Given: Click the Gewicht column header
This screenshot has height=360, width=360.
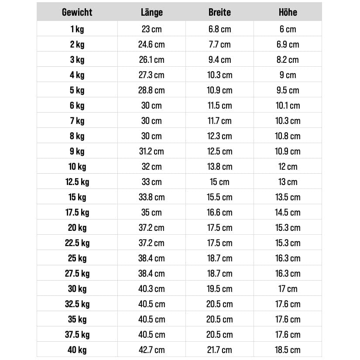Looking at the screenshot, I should [x=77, y=12].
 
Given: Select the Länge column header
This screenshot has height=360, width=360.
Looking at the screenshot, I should [x=151, y=12].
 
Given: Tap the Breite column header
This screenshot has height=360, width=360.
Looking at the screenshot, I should [x=219, y=12].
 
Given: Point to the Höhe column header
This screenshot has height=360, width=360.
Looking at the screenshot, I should [x=288, y=12].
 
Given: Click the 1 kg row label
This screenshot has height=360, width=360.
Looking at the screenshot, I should [x=77, y=29].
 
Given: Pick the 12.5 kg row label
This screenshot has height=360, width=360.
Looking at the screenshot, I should [x=77, y=182].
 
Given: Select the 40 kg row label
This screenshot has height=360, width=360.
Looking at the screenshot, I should [x=77, y=350].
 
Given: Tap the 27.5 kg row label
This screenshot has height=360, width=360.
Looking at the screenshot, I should [x=77, y=274].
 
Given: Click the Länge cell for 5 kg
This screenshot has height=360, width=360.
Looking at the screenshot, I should [x=151, y=90].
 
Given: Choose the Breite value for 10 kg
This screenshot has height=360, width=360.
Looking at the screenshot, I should [x=219, y=167].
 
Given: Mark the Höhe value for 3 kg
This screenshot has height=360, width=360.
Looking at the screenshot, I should [x=288, y=60].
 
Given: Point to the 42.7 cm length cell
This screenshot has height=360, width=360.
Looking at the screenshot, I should [x=151, y=350].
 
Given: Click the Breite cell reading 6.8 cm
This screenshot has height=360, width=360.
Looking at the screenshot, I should [x=219, y=29].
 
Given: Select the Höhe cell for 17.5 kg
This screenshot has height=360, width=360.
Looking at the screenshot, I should [x=288, y=213].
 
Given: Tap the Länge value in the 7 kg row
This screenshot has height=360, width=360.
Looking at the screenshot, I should [x=151, y=121].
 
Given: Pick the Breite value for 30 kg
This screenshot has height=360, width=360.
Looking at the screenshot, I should [x=219, y=289].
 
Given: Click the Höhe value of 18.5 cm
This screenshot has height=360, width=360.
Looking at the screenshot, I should [x=288, y=350].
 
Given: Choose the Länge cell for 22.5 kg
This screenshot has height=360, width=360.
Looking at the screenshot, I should [x=151, y=243].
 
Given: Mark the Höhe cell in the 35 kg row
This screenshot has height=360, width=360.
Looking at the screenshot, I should [x=288, y=319].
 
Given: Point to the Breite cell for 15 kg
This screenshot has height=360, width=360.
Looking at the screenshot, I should [x=219, y=197].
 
